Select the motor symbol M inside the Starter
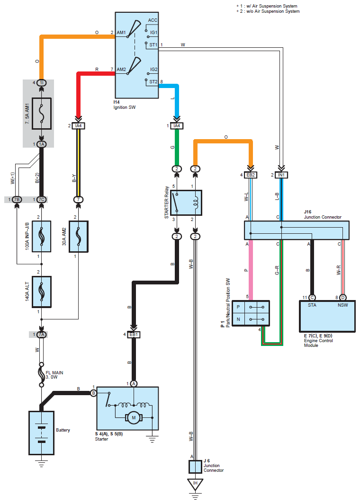point(134,417)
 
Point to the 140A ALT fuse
point(41,292)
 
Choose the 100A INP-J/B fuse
point(41,236)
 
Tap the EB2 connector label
point(251,175)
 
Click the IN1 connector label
point(281,175)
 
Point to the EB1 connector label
point(134,335)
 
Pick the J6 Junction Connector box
point(195,466)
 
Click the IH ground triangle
point(195,484)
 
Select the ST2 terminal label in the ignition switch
point(153,82)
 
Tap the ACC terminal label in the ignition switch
point(153,20)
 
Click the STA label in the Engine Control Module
point(312,305)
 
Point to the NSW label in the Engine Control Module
point(342,305)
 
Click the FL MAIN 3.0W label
point(54,375)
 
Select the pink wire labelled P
point(251,270)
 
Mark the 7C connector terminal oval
point(41,199)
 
